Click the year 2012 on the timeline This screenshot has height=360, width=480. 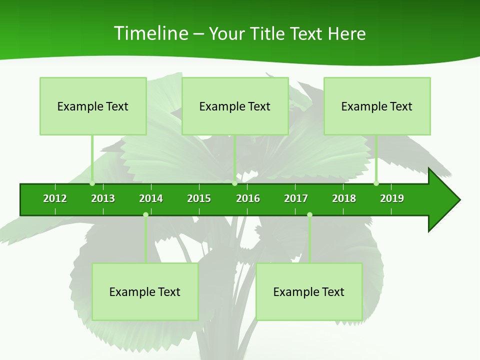pyautogui.click(x=55, y=198)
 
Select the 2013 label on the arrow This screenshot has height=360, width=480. pyautogui.click(x=103, y=198)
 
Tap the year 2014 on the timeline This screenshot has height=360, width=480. pyautogui.click(x=151, y=198)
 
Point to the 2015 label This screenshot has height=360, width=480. pyautogui.click(x=199, y=198)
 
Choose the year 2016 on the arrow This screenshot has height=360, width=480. pyautogui.click(x=248, y=198)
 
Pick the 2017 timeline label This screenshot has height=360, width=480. pyautogui.click(x=296, y=198)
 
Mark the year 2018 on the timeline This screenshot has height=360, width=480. pyautogui.click(x=344, y=198)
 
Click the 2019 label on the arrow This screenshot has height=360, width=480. pyautogui.click(x=392, y=198)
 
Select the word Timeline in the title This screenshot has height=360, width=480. pyautogui.click(x=150, y=33)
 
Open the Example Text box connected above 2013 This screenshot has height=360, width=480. pyautogui.click(x=93, y=106)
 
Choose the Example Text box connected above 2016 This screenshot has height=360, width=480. pyautogui.click(x=235, y=106)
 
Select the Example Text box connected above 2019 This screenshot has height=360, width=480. pyautogui.click(x=377, y=106)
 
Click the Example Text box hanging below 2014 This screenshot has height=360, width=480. pyautogui.click(x=145, y=291)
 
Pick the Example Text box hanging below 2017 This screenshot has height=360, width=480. pyautogui.click(x=309, y=291)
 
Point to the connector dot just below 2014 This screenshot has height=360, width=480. pyautogui.click(x=145, y=214)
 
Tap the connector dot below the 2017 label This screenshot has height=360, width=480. pyautogui.click(x=309, y=214)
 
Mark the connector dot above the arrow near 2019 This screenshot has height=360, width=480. pyautogui.click(x=376, y=183)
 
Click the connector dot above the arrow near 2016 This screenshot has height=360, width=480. pyautogui.click(x=234, y=183)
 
